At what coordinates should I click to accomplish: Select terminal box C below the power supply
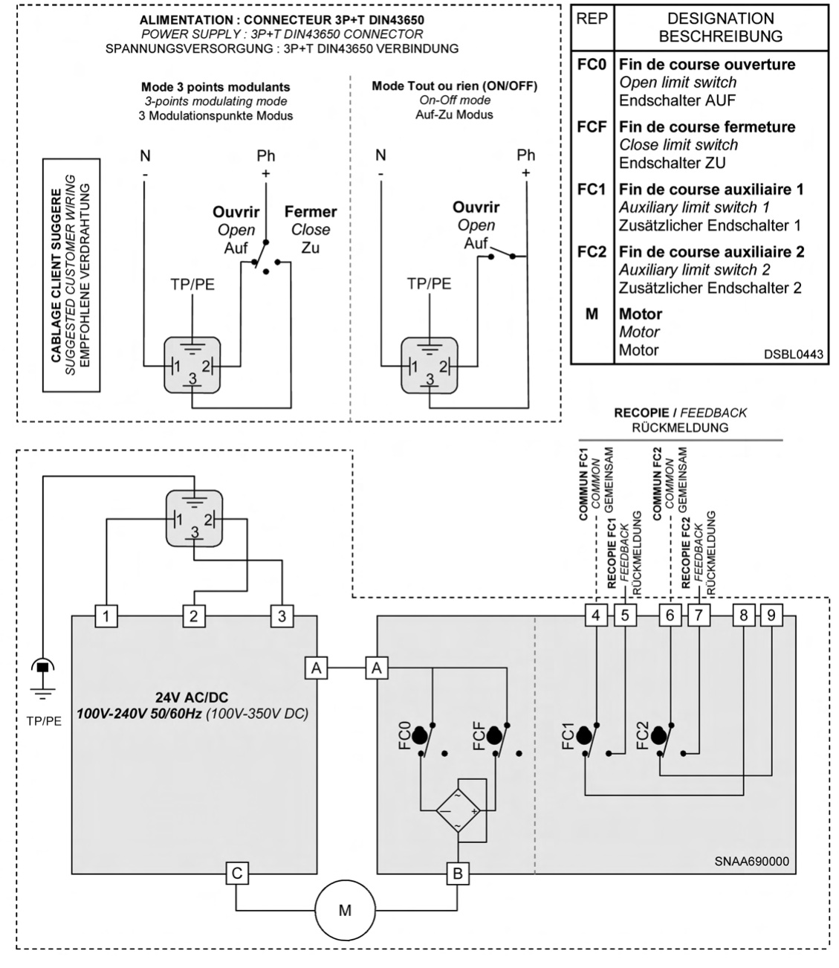click(x=236, y=874)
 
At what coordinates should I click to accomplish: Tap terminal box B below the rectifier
click(x=457, y=874)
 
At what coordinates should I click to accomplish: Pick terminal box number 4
click(x=597, y=616)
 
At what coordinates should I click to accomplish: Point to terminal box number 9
click(x=772, y=616)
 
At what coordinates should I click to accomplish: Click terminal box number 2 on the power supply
click(x=193, y=616)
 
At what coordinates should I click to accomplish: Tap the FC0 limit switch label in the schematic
click(x=406, y=735)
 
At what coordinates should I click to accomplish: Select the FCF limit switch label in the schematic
click(x=479, y=735)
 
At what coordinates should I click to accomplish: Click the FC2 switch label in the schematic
click(x=644, y=735)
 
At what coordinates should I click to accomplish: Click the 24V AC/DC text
click(x=193, y=697)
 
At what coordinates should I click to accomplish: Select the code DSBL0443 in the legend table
click(x=794, y=355)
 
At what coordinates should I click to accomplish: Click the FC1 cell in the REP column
click(x=592, y=190)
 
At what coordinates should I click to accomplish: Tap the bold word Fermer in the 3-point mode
click(x=311, y=212)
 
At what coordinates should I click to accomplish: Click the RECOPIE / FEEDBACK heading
click(x=680, y=413)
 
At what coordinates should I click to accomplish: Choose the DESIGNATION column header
click(x=720, y=19)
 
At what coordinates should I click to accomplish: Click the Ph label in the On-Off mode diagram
click(x=526, y=155)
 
